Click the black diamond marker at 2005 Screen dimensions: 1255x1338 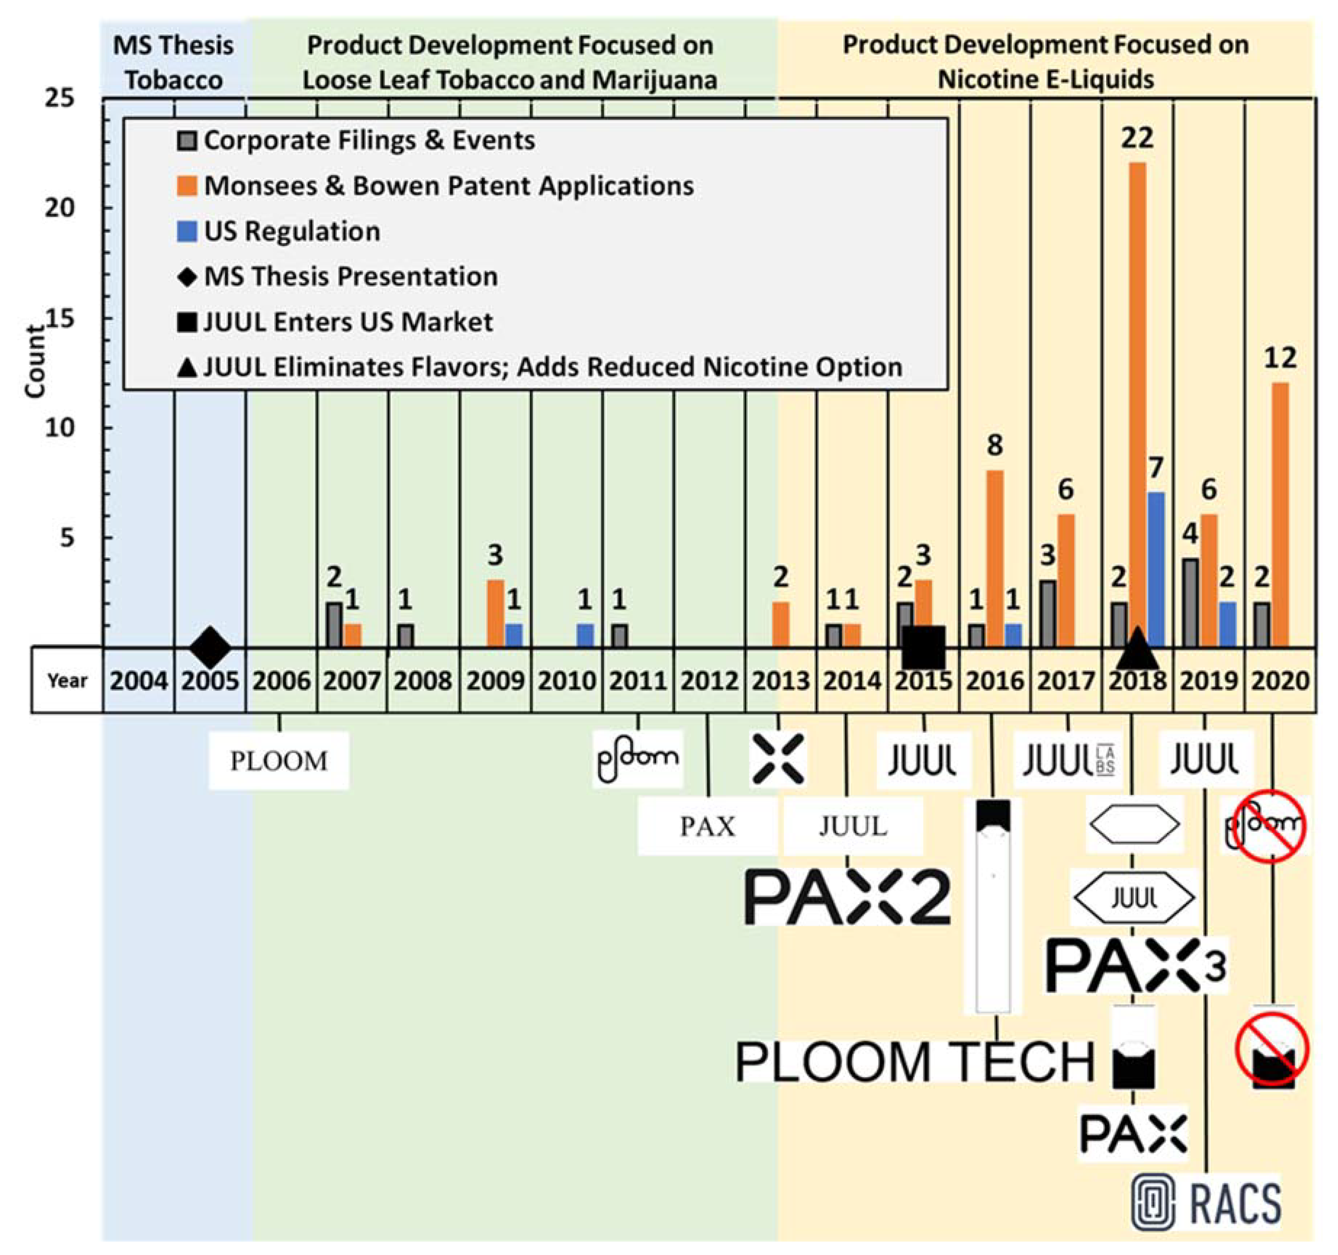pos(210,647)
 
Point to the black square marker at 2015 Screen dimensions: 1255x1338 pos(923,647)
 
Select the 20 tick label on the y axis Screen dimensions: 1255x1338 pos(60,207)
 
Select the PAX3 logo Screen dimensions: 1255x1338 pos(1136,965)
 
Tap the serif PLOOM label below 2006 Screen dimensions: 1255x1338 pos(279,761)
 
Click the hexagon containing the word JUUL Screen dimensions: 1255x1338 pos(1134,898)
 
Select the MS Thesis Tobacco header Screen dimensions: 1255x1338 pos(174,63)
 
